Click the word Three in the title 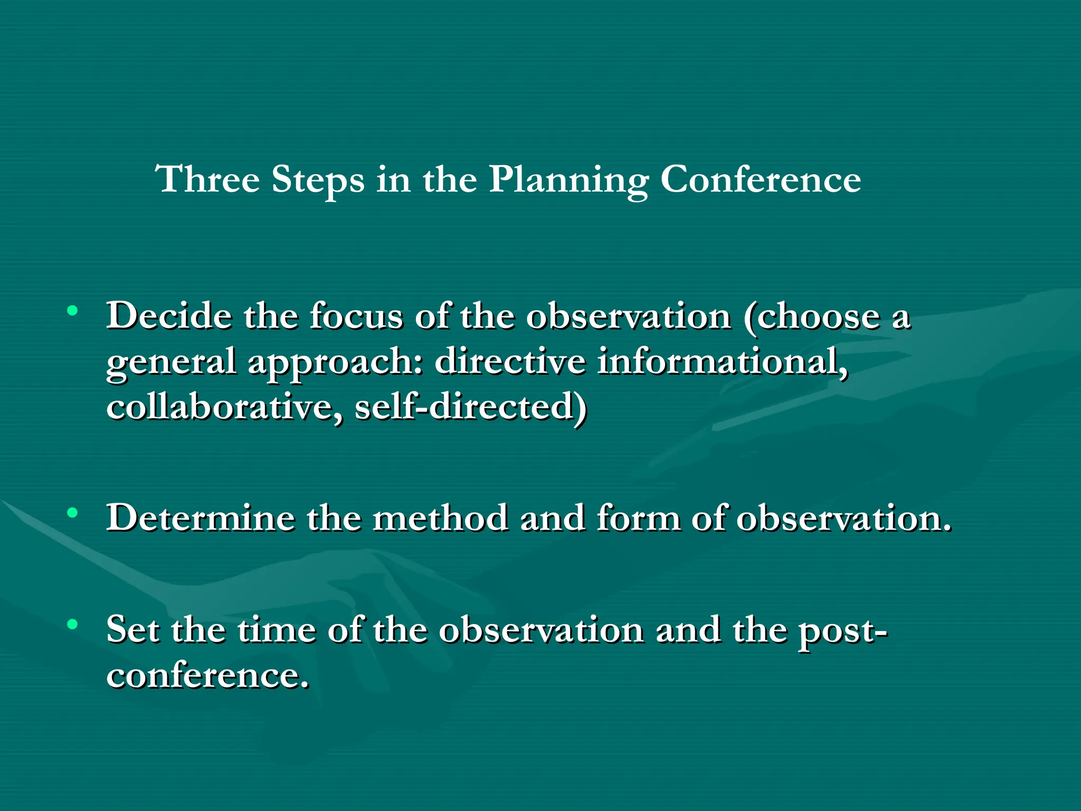(207, 180)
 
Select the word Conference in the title (761, 180)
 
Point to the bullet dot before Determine (73, 512)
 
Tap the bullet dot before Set (73, 625)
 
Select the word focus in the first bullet (356, 316)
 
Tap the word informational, (723, 362)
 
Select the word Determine (201, 517)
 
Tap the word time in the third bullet (276, 630)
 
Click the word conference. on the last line (207, 675)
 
